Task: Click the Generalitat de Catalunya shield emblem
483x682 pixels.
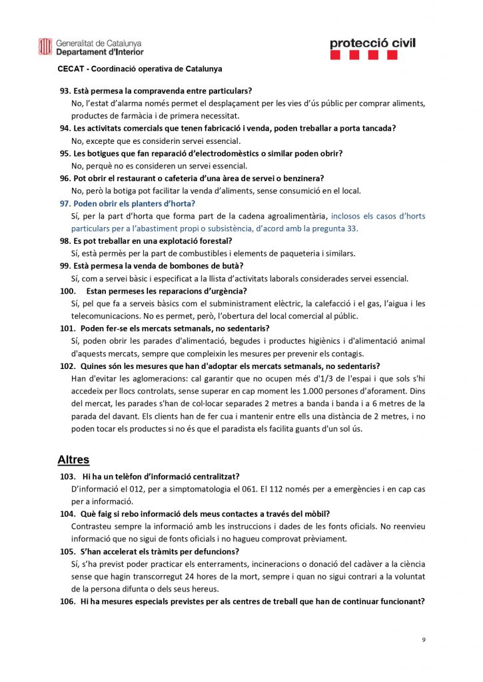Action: pos(45,46)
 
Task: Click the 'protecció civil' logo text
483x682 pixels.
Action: pos(372,43)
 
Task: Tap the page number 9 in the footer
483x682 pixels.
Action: pos(423,640)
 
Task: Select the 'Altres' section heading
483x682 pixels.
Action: pos(73,460)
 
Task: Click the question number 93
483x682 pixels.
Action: pos(65,90)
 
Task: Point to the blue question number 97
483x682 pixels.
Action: pos(65,203)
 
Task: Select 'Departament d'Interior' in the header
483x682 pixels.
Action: pos(100,51)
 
